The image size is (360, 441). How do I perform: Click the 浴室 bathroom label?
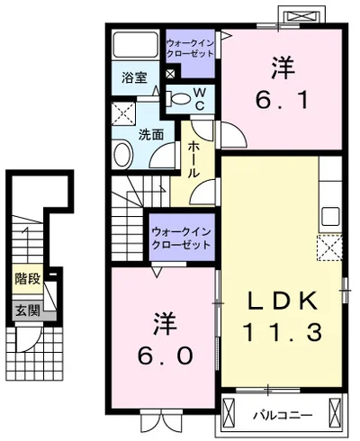pyautogui.click(x=134, y=77)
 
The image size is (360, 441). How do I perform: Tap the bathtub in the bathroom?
pyautogui.click(x=136, y=44)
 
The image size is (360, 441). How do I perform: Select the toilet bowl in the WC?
pyautogui.click(x=180, y=99)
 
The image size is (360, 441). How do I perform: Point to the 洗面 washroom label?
pyautogui.click(x=151, y=135)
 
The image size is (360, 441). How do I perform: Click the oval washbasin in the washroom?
pyautogui.click(x=122, y=155)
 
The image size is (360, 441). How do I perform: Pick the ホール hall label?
pyautogui.click(x=193, y=159)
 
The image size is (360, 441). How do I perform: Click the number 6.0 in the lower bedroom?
pyautogui.click(x=165, y=355)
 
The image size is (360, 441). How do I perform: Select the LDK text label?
pyautogui.click(x=283, y=301)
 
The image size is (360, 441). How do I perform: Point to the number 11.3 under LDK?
pyautogui.click(x=283, y=332)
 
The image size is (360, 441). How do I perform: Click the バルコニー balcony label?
pyautogui.click(x=283, y=415)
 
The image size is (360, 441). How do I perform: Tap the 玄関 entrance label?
pyautogui.click(x=28, y=310)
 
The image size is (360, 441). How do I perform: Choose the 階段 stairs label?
pyautogui.click(x=28, y=279)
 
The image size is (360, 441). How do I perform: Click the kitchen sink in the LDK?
pyautogui.click(x=330, y=217)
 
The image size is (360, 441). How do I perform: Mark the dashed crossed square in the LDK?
pyautogui.click(x=329, y=248)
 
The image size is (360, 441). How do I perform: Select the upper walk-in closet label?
pyautogui.click(x=190, y=48)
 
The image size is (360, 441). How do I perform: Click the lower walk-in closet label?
pyautogui.click(x=181, y=238)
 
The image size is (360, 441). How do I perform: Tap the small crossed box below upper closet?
pyautogui.click(x=170, y=74)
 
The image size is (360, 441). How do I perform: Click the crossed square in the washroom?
pyautogui.click(x=123, y=113)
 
